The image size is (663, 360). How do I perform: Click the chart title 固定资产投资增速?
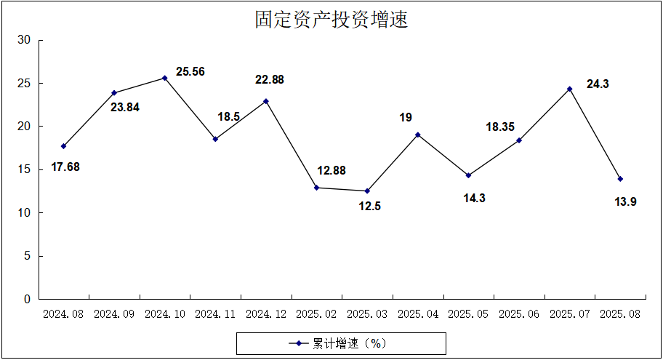[331, 20]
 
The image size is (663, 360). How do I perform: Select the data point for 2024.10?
[165, 78]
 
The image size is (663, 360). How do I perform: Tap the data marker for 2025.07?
[570, 89]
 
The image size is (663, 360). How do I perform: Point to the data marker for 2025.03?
[367, 191]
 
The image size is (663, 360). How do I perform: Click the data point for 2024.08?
[64, 146]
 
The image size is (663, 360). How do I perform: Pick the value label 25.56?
[190, 72]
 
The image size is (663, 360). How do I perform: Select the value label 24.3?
[598, 84]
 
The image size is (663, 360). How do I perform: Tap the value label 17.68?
[65, 167]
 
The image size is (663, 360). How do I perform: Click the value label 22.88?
[269, 80]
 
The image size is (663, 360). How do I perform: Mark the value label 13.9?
[625, 201]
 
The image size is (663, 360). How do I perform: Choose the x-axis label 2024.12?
[266, 314]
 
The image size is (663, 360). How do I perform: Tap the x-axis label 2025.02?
[317, 314]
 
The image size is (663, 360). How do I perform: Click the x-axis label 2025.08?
[620, 314]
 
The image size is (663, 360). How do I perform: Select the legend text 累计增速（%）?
[347, 343]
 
